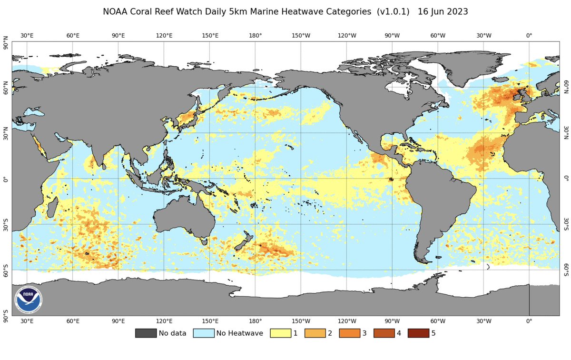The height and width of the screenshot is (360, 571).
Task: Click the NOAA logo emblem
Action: point(29,300)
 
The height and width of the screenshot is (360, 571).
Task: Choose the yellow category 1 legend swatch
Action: point(280,333)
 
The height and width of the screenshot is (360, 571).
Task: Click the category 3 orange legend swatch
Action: point(349,333)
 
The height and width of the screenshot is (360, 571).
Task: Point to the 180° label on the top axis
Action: point(256,36)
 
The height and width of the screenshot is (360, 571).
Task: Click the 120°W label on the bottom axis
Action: point(347,321)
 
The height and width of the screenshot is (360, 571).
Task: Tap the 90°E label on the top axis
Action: point(118,36)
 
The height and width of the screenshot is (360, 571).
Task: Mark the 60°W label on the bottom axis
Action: point(438,321)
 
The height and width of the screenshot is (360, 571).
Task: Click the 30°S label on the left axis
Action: point(6,225)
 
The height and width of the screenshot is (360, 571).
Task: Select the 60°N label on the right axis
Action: point(566,88)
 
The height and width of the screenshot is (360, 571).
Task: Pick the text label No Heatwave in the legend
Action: point(239,333)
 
